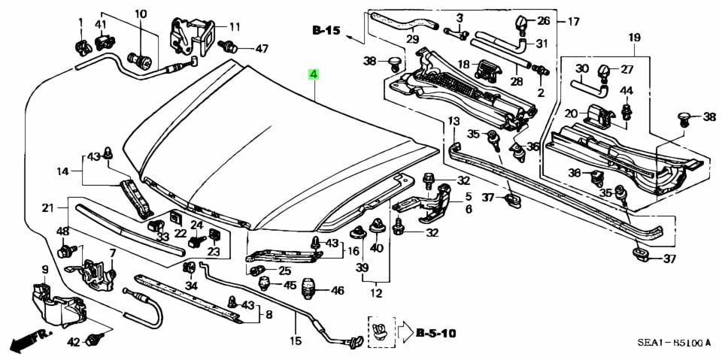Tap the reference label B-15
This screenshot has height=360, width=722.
tap(327, 31)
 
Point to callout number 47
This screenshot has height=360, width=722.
tap(261, 49)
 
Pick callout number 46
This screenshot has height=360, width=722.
tap(337, 291)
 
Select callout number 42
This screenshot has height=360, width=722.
tap(74, 342)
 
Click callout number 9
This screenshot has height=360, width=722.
tap(44, 270)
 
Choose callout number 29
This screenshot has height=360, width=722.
tap(412, 39)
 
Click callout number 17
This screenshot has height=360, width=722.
tap(573, 22)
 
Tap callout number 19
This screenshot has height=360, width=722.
tap(634, 37)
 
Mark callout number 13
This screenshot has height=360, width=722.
tap(454, 121)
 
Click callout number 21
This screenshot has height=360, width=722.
tap(47, 208)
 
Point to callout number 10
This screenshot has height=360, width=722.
tap(141, 14)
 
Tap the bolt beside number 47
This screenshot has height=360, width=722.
tap(229, 47)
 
